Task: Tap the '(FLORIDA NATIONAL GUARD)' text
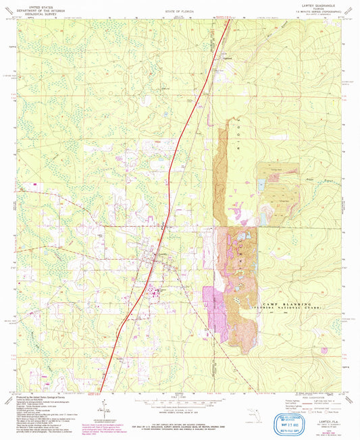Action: coord(292,308)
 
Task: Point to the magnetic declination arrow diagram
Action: coord(105,405)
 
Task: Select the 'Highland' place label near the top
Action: coord(228,59)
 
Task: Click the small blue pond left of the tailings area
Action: coord(260,184)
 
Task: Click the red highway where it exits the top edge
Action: coord(228,20)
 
